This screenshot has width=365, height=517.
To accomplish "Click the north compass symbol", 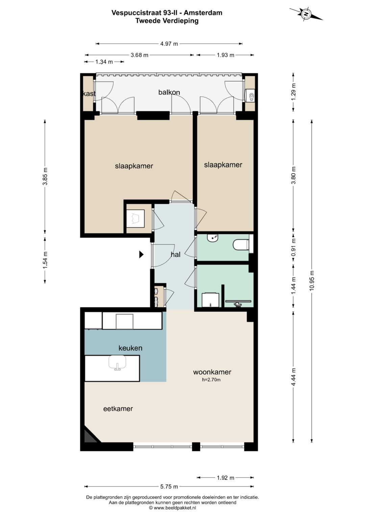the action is [306, 14].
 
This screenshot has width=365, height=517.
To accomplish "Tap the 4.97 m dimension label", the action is [169, 44].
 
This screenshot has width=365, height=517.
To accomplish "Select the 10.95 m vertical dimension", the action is [312, 281].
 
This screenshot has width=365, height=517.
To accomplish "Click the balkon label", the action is [169, 92].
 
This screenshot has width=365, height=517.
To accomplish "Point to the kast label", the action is [89, 93].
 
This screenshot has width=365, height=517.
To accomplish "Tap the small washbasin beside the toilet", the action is [212, 238].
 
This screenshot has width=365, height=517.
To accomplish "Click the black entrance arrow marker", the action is [141, 255].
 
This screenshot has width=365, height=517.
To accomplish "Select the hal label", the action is [175, 255].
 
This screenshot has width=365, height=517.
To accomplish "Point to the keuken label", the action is [130, 348].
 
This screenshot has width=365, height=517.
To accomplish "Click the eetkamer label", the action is [118, 409].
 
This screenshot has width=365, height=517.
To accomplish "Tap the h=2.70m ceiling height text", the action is [211, 380].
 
